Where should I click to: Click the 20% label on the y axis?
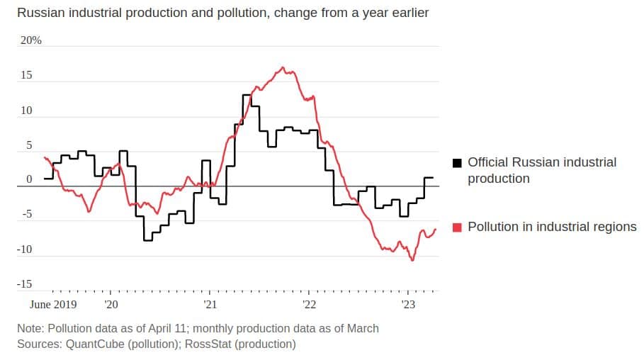click(x=30, y=40)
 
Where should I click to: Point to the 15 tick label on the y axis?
click(x=26, y=75)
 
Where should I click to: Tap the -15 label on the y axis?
click(x=25, y=284)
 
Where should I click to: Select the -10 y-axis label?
click(x=25, y=249)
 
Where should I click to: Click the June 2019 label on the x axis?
click(x=53, y=305)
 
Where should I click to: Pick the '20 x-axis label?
click(x=111, y=305)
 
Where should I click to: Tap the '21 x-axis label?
click(x=210, y=305)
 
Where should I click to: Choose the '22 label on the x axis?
click(x=310, y=305)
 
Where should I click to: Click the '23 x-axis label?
click(x=409, y=305)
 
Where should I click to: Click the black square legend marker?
click(x=457, y=162)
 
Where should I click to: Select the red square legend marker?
click(x=457, y=227)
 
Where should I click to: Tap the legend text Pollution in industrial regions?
click(x=552, y=227)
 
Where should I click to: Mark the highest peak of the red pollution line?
click(x=283, y=67)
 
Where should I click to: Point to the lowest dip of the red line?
click(x=412, y=260)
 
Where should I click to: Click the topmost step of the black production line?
click(x=247, y=94)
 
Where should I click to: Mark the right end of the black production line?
click(x=433, y=178)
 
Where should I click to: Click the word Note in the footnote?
click(x=29, y=328)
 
